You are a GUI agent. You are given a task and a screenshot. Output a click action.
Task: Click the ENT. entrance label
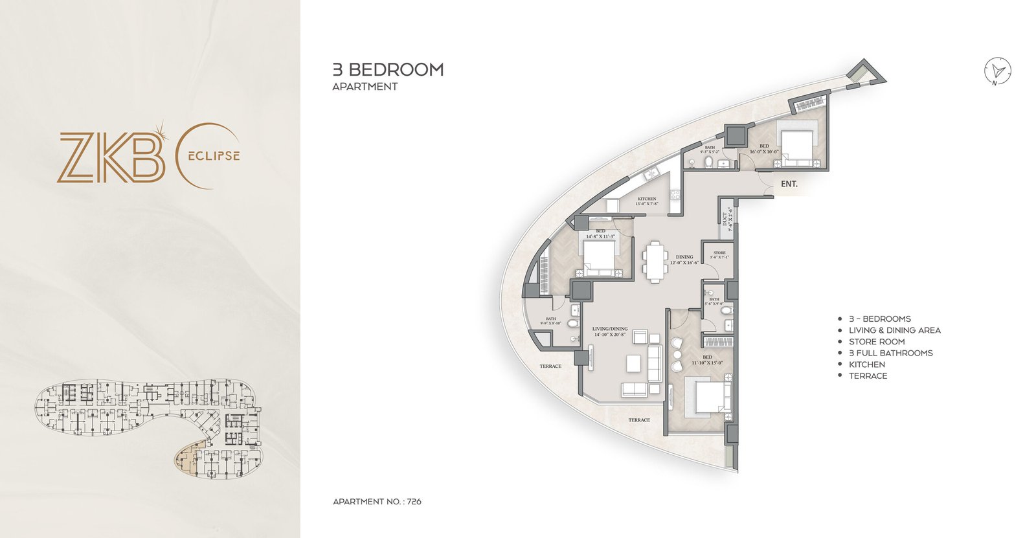click(789, 184)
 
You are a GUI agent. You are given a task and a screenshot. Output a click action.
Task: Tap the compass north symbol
click(998, 71)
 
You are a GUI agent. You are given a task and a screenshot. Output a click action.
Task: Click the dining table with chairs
click(655, 262)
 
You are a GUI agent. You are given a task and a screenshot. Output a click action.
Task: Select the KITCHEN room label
click(647, 199)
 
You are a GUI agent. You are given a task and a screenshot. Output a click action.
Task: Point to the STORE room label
click(719, 253)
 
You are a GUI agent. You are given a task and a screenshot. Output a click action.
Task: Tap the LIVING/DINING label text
click(609, 329)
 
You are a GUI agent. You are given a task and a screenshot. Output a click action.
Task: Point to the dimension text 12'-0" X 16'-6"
click(684, 263)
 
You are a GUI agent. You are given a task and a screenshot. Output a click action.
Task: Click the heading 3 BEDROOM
click(388, 70)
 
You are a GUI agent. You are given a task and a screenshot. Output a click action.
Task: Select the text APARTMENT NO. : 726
click(377, 502)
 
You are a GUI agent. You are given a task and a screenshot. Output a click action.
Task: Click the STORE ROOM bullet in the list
click(877, 342)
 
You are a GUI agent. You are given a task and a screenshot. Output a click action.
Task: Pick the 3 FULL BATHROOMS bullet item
click(890, 353)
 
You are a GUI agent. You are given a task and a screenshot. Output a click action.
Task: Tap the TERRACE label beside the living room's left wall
click(550, 366)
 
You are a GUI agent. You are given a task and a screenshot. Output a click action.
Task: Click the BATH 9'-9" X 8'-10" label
click(550, 320)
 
